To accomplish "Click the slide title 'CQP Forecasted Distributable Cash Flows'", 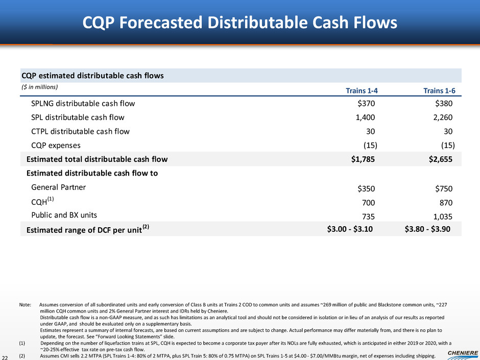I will (240, 23).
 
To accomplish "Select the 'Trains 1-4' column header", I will (362, 91).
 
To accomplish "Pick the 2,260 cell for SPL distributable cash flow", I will (441, 117).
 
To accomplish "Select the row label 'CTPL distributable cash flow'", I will (80, 131).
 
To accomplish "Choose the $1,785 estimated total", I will (363, 159).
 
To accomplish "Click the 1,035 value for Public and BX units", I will (441, 216).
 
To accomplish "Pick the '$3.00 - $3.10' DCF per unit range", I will (350, 229).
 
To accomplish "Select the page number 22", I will (6, 356).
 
